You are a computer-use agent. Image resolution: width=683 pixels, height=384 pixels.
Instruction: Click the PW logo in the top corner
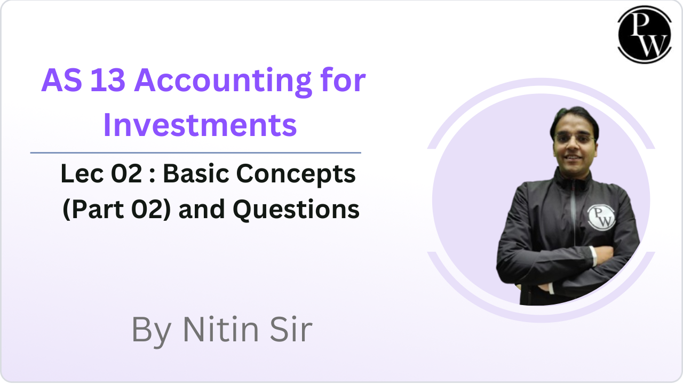pos(644,35)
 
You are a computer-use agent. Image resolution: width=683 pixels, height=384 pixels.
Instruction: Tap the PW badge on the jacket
pos(601,217)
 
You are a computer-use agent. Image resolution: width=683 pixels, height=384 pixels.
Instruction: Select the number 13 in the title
pos(108,80)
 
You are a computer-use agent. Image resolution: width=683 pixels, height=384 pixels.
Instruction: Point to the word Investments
pos(200,125)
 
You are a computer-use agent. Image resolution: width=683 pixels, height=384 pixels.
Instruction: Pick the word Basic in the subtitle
pos(196,173)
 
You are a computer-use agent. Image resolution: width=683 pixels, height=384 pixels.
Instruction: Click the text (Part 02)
pos(116,210)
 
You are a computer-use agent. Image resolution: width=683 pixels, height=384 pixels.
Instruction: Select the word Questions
pos(296,210)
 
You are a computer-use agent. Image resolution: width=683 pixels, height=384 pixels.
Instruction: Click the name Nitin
pos(221,330)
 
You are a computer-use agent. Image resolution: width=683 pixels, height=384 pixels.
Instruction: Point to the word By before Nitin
pos(152,332)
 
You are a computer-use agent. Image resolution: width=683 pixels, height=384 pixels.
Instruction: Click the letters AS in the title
pos(62,80)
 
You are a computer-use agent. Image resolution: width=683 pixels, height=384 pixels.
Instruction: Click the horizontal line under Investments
pos(196,153)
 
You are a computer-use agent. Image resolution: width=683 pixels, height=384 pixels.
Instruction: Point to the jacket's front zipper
pos(573,213)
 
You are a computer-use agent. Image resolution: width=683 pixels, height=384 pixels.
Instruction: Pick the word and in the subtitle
pos(202,210)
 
